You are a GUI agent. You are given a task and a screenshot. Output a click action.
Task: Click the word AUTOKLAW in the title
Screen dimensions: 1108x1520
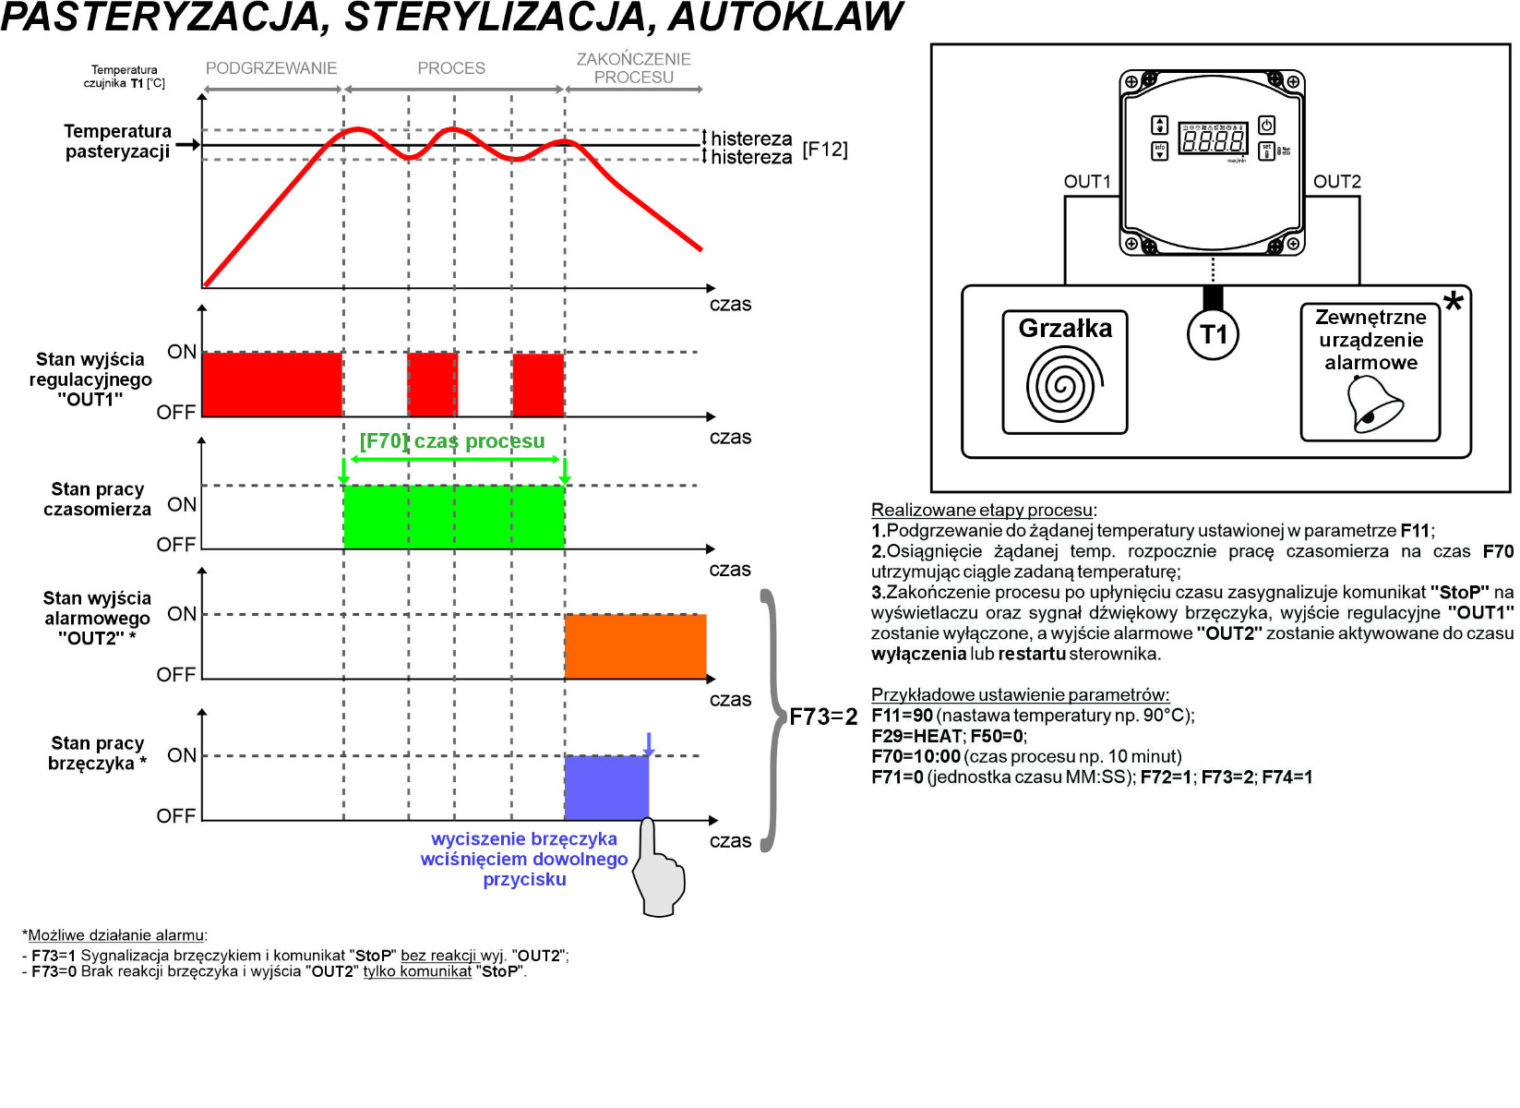pyautogui.click(x=785, y=18)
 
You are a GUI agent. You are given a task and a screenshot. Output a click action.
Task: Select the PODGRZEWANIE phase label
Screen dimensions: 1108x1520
pyautogui.click(x=271, y=68)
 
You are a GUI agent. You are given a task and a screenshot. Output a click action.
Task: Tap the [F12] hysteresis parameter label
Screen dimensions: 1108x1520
pyautogui.click(x=825, y=150)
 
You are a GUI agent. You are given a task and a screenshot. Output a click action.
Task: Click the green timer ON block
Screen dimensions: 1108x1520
pyautogui.click(x=453, y=517)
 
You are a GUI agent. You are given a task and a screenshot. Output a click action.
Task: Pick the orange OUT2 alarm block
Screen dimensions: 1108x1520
pyautogui.click(x=635, y=646)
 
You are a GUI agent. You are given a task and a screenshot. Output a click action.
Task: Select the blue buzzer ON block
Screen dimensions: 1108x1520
pyautogui.click(x=605, y=788)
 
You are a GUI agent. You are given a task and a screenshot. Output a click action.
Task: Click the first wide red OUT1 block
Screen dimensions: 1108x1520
pyautogui.click(x=271, y=384)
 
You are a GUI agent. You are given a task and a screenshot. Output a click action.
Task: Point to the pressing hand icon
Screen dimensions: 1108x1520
pyautogui.click(x=659, y=873)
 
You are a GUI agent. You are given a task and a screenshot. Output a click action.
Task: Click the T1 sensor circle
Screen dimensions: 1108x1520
pyautogui.click(x=1213, y=334)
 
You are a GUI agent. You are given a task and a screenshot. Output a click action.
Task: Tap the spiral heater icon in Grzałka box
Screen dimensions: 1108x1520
pyautogui.click(x=1064, y=384)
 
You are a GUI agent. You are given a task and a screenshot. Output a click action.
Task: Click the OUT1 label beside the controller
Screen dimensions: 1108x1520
pyautogui.click(x=1087, y=182)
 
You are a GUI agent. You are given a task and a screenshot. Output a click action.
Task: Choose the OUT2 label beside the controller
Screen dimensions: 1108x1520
pyautogui.click(x=1337, y=182)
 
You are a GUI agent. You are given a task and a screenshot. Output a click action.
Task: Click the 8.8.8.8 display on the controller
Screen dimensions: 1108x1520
pyautogui.click(x=1213, y=141)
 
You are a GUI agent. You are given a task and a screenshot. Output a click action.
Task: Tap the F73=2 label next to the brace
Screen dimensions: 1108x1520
pyautogui.click(x=823, y=717)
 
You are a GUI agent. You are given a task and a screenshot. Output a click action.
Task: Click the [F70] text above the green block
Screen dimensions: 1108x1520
pyautogui.click(x=382, y=441)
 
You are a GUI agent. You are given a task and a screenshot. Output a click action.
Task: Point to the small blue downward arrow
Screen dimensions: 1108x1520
pyautogui.click(x=649, y=744)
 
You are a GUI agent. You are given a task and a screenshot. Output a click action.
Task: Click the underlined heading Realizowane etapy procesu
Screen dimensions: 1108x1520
pyautogui.click(x=982, y=510)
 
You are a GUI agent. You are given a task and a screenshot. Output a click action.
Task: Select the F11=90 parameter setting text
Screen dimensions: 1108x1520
pyautogui.click(x=902, y=716)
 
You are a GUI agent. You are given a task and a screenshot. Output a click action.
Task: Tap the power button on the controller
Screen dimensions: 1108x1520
pyautogui.click(x=1267, y=126)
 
